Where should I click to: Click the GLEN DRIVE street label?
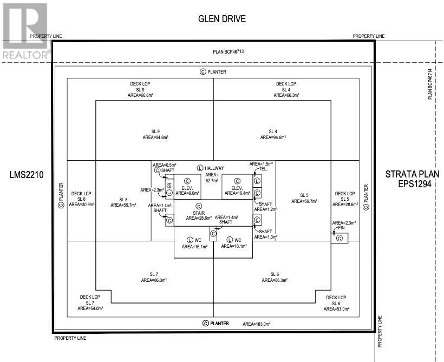click(222, 19)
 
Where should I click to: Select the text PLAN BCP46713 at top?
click(228, 52)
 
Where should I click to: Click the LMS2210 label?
click(27, 175)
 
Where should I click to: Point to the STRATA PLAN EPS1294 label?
click(412, 179)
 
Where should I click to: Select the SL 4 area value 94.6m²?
click(273, 138)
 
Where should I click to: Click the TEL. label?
click(263, 169)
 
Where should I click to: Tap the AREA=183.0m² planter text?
click(256, 324)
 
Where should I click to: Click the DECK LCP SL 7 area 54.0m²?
click(90, 308)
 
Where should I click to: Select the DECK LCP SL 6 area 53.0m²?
click(337, 308)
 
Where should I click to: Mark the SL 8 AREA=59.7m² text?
click(123, 205)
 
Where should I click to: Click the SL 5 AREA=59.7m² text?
click(304, 201)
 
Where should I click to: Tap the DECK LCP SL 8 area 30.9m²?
click(82, 205)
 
